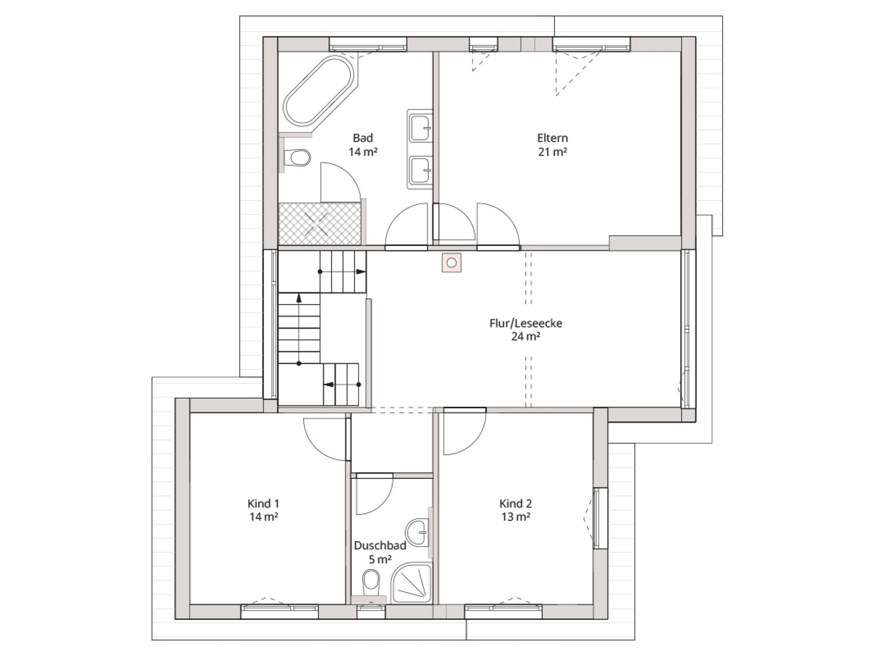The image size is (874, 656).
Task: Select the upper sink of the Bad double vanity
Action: [421, 128]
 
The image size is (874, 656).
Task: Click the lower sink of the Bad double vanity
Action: [421, 170]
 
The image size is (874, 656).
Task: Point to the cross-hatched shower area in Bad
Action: [320, 224]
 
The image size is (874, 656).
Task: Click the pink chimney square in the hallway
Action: [452, 263]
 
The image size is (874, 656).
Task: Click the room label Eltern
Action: [552, 138]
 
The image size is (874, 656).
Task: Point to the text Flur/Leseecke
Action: [525, 323]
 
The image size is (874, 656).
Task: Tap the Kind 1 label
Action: [263, 503]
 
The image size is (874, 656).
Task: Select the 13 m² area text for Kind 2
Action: [516, 517]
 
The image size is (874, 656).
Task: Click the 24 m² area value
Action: [525, 337]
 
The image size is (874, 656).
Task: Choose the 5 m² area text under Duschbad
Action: [380, 560]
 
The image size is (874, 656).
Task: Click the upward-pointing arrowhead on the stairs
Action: [299, 298]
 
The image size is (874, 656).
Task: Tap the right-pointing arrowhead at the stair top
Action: [361, 272]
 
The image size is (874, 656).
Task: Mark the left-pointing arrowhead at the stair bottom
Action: [329, 385]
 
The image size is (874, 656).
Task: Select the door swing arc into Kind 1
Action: [316, 447]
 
